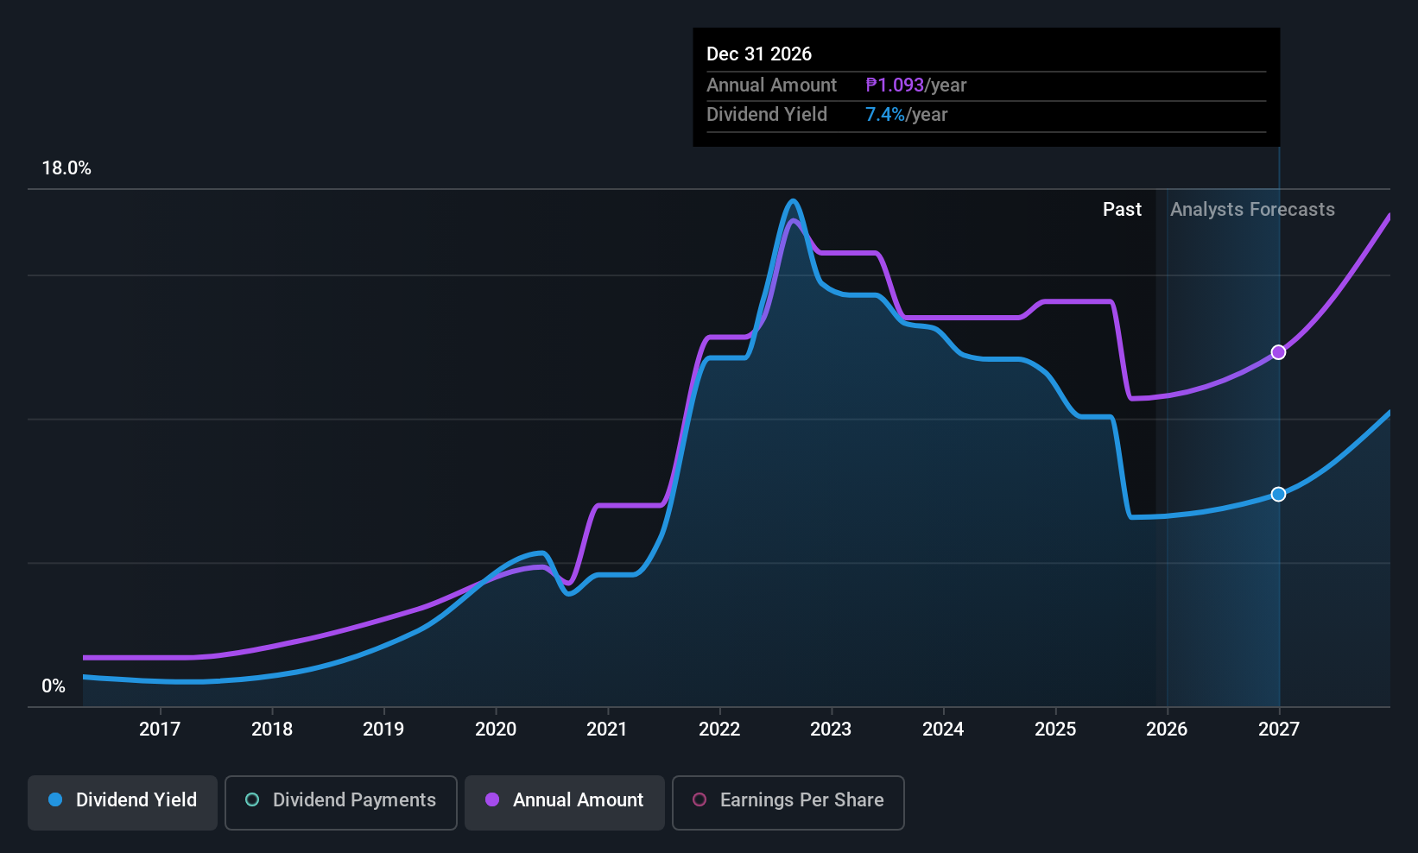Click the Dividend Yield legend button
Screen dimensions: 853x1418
123,800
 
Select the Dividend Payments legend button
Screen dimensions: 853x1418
341,800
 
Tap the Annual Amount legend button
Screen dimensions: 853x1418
565,800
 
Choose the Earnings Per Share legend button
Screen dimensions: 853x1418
788,800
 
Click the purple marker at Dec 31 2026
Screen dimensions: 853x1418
1278,352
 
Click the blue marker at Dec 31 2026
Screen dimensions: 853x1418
1278,494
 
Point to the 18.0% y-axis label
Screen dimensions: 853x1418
66,168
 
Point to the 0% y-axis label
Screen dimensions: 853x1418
54,686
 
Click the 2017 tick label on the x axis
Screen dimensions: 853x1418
160,730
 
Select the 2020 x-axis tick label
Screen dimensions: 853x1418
496,730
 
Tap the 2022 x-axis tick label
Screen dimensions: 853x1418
719,730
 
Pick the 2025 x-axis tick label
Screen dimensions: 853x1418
1055,730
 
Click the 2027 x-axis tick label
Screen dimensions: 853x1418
1278,730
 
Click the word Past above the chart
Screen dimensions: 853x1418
1122,210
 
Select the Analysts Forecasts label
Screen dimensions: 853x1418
1252,210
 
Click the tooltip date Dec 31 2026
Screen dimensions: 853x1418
759,54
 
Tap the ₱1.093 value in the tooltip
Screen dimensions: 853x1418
895,85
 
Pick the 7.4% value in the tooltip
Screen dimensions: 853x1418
885,115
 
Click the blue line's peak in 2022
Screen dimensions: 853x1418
793,201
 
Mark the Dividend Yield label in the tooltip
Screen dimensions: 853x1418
767,115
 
